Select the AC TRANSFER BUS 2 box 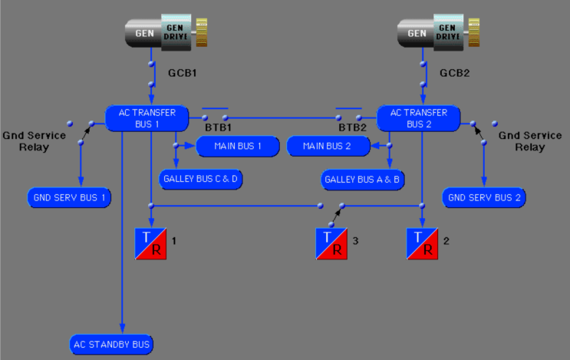point(418,117)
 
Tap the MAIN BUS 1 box point(238,145)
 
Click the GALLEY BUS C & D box point(201,179)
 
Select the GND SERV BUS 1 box point(69,197)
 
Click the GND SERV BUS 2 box point(483,197)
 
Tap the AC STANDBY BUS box point(111,344)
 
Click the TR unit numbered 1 point(150,243)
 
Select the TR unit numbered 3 point(331,243)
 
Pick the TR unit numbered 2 point(422,243)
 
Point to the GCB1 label point(183,74)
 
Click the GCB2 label point(455,74)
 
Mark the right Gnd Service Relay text point(525,140)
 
